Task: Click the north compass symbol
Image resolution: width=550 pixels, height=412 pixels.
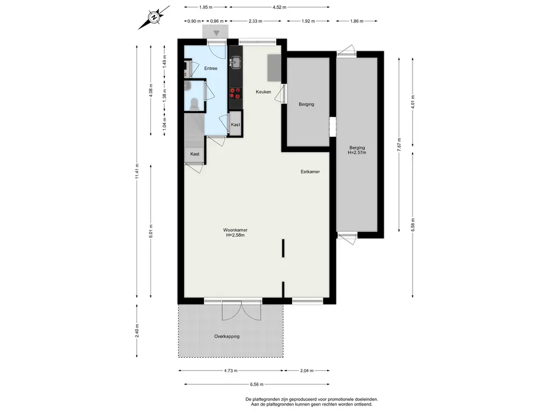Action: (x=154, y=17)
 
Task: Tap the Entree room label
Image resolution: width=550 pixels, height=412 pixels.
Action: (x=211, y=68)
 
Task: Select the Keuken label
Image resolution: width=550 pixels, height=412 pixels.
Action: (x=263, y=92)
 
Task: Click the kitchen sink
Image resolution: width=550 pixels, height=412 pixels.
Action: (x=236, y=63)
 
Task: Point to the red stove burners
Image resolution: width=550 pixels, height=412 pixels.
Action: (x=235, y=93)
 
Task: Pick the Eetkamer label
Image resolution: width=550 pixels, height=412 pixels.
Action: (x=310, y=172)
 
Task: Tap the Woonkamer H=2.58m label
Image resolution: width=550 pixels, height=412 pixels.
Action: (x=235, y=233)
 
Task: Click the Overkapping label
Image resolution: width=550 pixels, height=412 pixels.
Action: (x=227, y=336)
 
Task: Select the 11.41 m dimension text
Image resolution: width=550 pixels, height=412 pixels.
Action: (x=137, y=172)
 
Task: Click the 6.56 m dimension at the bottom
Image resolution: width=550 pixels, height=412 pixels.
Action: (x=257, y=384)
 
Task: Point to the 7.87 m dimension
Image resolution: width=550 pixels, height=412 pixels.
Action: (x=399, y=145)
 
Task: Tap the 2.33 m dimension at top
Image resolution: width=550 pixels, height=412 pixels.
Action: (x=255, y=21)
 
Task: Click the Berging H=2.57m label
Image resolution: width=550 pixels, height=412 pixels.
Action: (x=357, y=150)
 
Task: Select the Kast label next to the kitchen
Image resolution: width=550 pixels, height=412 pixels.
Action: (x=236, y=124)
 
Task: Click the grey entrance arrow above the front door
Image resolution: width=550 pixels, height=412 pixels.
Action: (x=217, y=33)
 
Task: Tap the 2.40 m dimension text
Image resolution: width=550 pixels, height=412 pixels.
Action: (x=137, y=330)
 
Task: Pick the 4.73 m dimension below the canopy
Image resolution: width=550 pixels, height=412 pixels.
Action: (x=230, y=370)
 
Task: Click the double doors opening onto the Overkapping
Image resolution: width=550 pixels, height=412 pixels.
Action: (x=242, y=310)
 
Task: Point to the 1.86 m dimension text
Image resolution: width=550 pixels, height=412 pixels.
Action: (x=357, y=21)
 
